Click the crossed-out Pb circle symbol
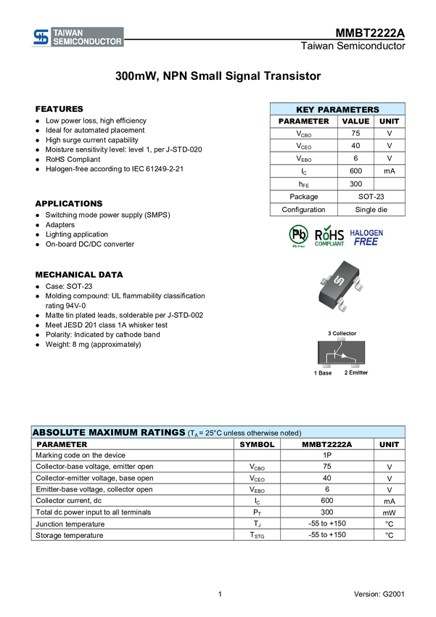click(x=298, y=234)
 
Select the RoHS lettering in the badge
click(x=329, y=235)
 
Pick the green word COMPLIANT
click(x=329, y=245)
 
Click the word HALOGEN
click(x=367, y=233)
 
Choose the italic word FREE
click(x=366, y=242)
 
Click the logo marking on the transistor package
click(x=337, y=282)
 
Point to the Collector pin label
click(x=342, y=334)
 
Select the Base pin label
click(x=324, y=372)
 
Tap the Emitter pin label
click(x=357, y=372)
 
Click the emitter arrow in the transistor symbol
click(x=348, y=357)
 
